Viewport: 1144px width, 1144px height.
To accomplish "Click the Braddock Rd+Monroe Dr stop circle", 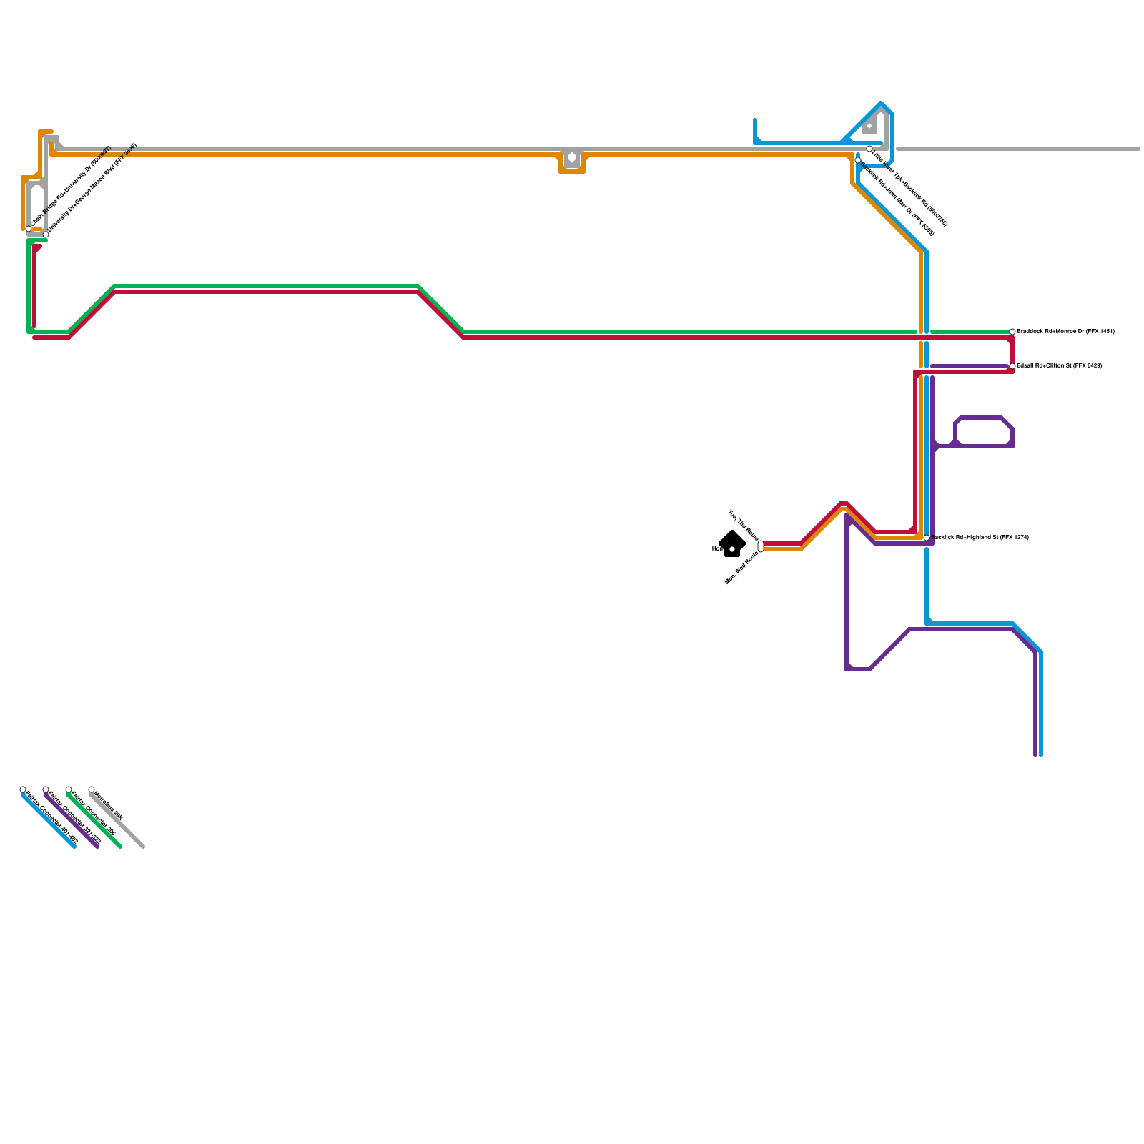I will tap(1012, 332).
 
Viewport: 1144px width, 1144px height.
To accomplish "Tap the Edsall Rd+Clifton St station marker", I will tap(1012, 366).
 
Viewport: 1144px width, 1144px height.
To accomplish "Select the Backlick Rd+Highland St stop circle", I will tap(927, 538).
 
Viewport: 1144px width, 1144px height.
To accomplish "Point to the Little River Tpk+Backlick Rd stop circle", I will tap(869, 149).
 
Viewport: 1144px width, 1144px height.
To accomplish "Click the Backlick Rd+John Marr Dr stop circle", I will tap(858, 160).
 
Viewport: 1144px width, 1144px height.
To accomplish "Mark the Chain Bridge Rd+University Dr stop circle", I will tap(29, 229).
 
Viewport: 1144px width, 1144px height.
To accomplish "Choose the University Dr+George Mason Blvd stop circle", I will tap(46, 235).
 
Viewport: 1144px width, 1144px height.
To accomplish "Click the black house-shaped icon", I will tap(731, 544).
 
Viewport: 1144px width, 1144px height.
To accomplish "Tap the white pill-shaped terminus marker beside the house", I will tap(761, 546).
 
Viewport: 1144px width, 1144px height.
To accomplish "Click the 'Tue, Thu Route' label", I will tap(743, 526).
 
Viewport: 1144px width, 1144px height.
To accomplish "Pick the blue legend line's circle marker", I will tap(23, 789).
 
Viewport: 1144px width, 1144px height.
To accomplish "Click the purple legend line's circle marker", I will tap(46, 789).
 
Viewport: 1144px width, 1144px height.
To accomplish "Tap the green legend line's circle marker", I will tap(69, 789).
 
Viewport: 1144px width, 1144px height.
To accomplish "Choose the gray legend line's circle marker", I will tap(92, 789).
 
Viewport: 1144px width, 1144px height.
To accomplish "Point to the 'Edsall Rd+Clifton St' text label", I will tap(1058, 366).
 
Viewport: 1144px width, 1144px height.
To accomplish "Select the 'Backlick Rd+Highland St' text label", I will tap(980, 538).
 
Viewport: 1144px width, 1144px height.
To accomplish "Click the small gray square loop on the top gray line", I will tap(572, 158).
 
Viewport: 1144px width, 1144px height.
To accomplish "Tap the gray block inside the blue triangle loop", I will tap(870, 127).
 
